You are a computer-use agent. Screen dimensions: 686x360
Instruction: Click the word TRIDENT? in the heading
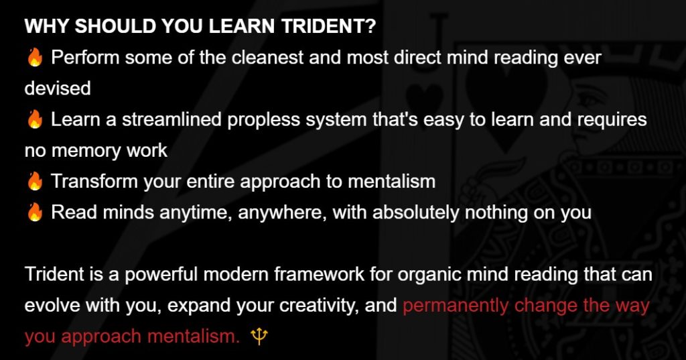[328, 26]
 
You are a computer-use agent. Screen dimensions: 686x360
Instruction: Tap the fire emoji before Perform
[35, 58]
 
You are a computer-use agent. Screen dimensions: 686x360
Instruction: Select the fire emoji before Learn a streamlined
[35, 119]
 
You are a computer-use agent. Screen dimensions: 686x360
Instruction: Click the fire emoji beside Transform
[35, 181]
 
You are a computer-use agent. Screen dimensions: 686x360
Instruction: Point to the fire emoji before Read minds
[35, 213]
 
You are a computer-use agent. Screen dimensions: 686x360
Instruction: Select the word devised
[58, 88]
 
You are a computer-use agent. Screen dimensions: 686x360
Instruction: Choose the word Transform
[94, 181]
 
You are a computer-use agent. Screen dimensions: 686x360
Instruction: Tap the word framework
[319, 274]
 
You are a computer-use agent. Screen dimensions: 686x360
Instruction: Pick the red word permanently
[456, 306]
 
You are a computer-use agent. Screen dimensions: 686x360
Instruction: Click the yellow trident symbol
[259, 337]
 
